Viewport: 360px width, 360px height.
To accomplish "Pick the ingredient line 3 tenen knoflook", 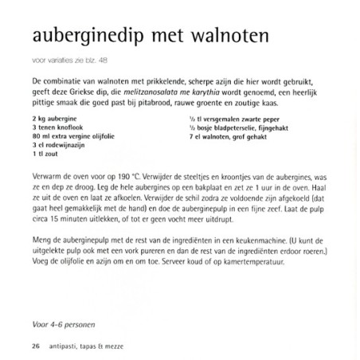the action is coord(56,127).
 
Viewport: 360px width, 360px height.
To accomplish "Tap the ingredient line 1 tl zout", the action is coord(45,155).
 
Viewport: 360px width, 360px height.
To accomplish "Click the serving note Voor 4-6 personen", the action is coord(57,323).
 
